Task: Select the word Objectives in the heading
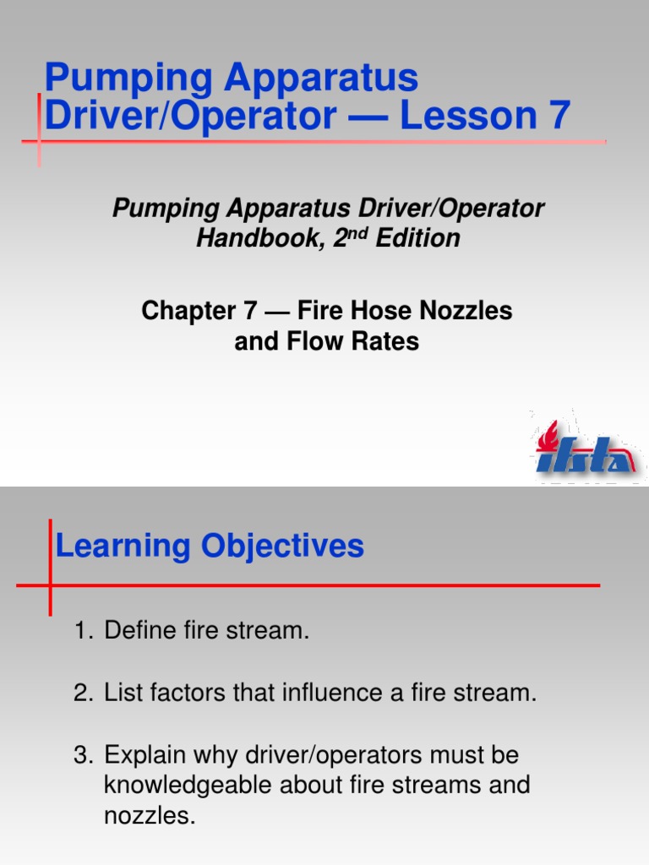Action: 282,546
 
